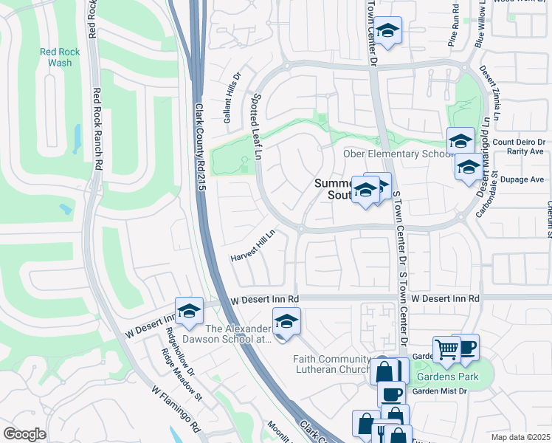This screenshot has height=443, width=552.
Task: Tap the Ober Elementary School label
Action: [x=397, y=154]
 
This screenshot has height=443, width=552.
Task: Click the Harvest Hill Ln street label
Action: [x=253, y=247]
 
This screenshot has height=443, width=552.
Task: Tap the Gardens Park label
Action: [x=447, y=377]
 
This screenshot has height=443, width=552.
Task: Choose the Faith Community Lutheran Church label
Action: [x=331, y=364]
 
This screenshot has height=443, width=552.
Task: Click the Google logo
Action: [x=24, y=434]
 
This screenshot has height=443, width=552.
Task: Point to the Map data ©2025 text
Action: [x=520, y=437]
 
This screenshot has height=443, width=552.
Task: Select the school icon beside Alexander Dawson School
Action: [x=286, y=321]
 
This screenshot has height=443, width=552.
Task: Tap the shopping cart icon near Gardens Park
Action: [x=446, y=348]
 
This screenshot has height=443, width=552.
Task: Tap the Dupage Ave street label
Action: [x=527, y=179]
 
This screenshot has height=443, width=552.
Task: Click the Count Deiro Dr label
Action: [x=520, y=142]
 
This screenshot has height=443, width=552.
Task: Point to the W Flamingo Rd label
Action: [x=176, y=408]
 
